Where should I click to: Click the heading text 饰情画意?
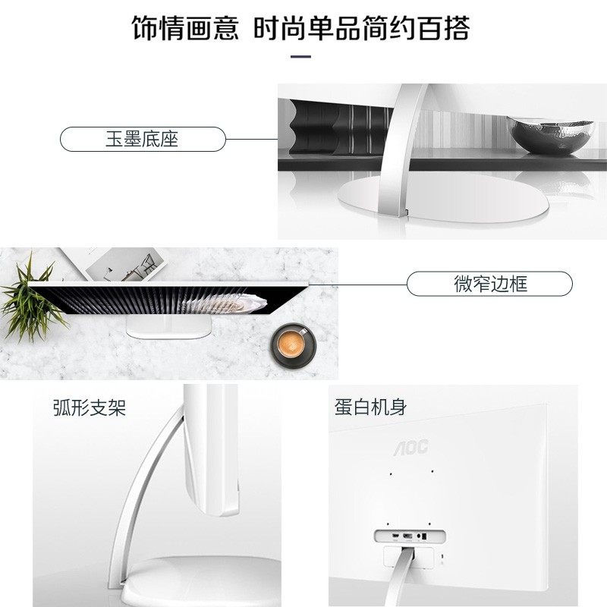tap(185, 28)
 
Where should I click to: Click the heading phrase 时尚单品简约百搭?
tap(362, 28)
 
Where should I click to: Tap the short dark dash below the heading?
tap(301, 56)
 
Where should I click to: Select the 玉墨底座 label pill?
tap(143, 139)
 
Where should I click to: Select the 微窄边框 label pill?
tap(489, 284)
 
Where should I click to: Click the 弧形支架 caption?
tap(89, 407)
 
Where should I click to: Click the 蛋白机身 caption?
tap(370, 407)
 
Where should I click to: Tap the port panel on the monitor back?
tap(407, 536)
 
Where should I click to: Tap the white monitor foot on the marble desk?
tap(168, 329)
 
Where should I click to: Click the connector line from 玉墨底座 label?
tap(252, 139)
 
